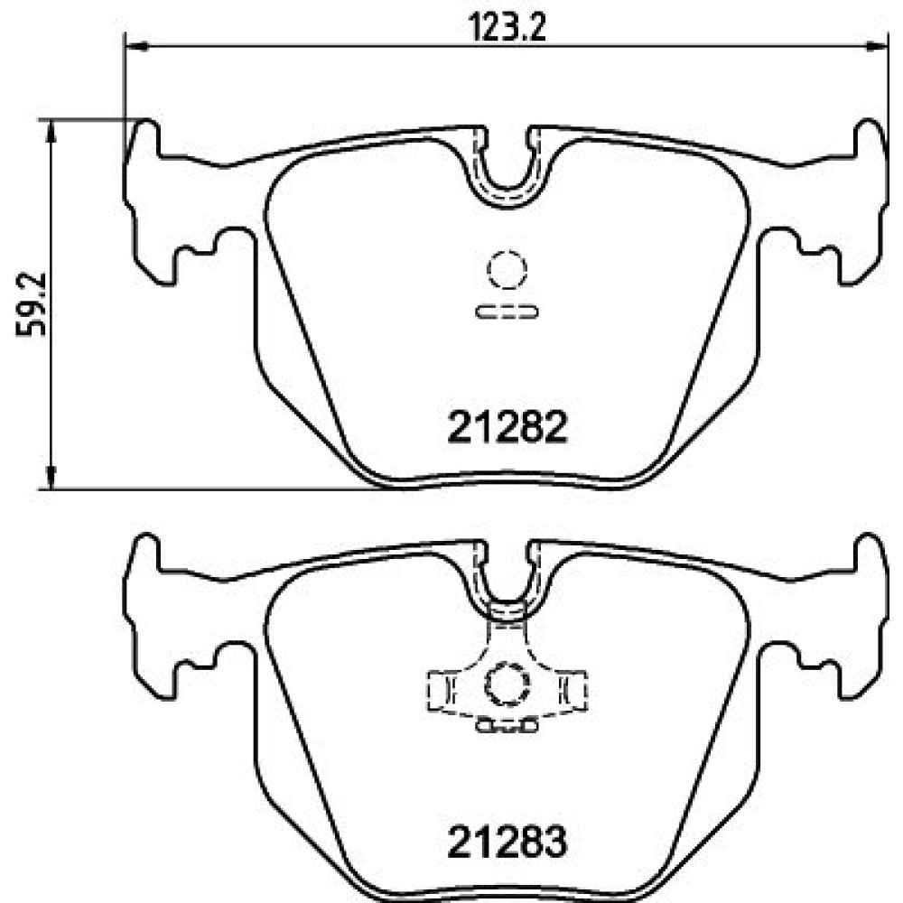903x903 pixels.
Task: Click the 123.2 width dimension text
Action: click(507, 27)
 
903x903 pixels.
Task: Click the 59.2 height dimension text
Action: click(31, 304)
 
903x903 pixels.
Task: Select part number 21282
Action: click(507, 427)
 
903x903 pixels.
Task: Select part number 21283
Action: click(507, 842)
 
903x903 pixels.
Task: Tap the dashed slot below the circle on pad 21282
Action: click(507, 312)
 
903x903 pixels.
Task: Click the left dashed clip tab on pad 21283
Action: click(442, 689)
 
